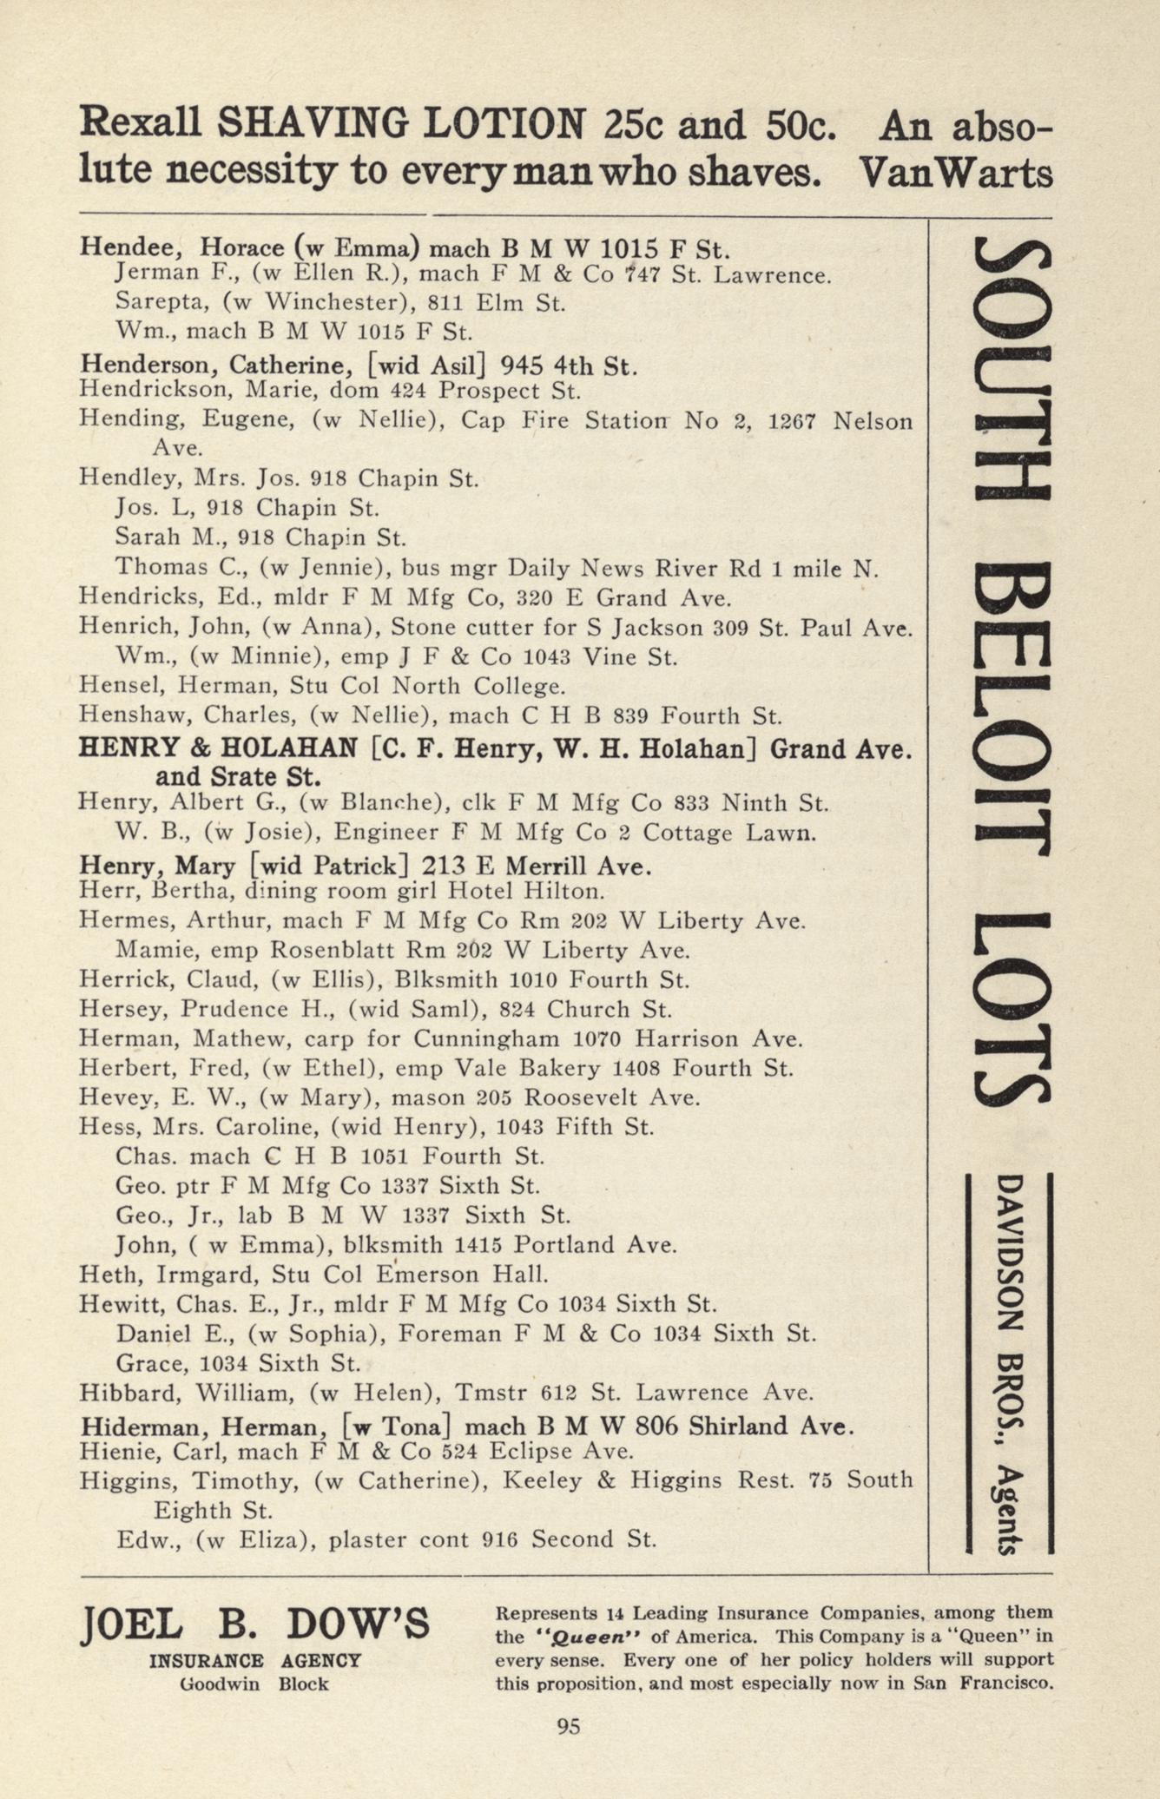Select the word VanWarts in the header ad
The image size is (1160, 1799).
coord(955,172)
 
